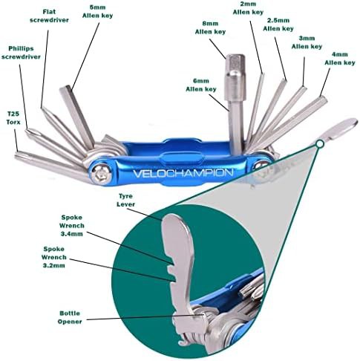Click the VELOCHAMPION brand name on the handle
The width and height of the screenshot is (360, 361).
(x=183, y=173)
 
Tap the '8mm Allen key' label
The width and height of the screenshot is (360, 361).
(x=210, y=27)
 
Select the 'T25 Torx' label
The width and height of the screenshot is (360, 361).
(x=13, y=118)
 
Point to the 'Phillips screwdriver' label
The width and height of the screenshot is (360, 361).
(x=21, y=53)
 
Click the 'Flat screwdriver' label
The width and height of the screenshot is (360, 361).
(x=49, y=16)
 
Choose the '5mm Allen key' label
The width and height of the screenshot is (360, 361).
(x=97, y=11)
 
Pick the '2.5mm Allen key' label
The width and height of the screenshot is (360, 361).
(x=278, y=25)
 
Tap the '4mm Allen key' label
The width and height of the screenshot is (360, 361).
(x=340, y=59)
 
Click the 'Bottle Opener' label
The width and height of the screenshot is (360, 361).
(x=70, y=317)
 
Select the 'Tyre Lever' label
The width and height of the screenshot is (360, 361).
(x=125, y=200)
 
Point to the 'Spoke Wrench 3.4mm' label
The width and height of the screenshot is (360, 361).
(x=72, y=226)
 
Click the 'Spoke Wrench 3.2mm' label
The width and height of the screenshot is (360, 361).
(x=54, y=257)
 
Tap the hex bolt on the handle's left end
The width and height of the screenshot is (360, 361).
(x=99, y=173)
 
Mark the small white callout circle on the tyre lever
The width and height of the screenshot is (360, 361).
(x=320, y=144)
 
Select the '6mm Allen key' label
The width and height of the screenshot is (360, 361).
(x=201, y=85)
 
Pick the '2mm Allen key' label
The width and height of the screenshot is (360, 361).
(x=248, y=8)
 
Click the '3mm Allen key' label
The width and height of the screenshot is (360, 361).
(x=307, y=42)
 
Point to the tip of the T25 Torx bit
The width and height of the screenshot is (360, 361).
(x=17, y=155)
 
